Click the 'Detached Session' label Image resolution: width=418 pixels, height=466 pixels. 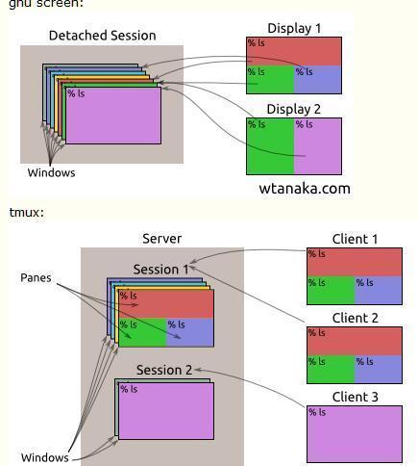point(102,36)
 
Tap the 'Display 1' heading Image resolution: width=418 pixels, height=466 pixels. point(294,29)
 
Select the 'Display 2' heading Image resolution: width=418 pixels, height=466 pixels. point(294,110)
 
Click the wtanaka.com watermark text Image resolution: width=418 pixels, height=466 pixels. point(305,189)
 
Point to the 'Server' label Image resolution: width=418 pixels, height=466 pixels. point(161,239)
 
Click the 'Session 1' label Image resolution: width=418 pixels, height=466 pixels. point(161,270)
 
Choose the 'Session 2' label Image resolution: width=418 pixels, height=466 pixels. point(163,370)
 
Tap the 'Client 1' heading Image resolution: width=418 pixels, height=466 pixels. point(355,240)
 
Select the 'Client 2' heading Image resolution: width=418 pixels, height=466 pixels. point(355,318)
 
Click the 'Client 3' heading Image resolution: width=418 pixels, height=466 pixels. point(355,397)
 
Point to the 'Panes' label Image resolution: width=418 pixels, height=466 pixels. point(36,277)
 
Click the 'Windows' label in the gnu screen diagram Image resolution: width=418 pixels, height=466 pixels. point(51,173)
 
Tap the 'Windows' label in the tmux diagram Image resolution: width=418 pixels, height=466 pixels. point(44,457)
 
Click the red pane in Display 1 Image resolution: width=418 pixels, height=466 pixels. point(294,50)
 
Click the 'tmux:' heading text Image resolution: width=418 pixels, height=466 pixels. point(26,212)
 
